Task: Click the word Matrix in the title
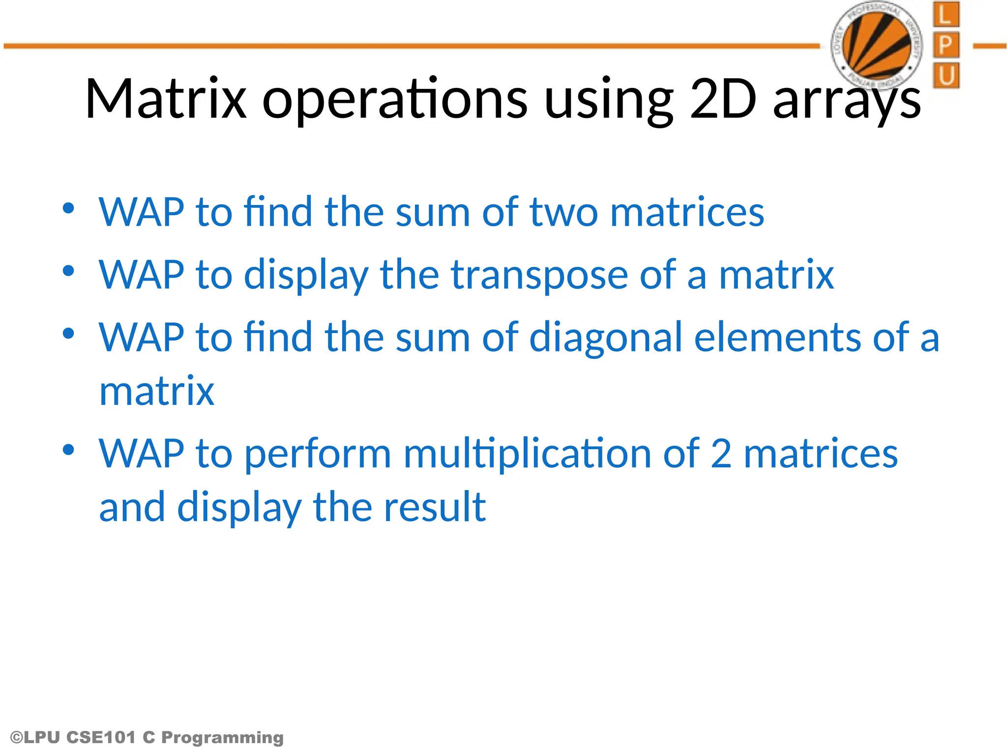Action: click(166, 99)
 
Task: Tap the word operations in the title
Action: click(395, 99)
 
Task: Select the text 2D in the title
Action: click(723, 99)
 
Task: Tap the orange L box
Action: click(946, 15)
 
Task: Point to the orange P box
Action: click(946, 45)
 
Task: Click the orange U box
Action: click(946, 76)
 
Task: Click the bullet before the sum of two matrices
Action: click(68, 208)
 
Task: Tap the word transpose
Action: click(539, 275)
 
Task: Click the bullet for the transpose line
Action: click(68, 271)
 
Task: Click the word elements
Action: click(777, 338)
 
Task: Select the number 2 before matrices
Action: click(721, 454)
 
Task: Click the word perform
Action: click(318, 454)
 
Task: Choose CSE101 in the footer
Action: click(100, 737)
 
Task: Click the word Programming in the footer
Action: click(222, 737)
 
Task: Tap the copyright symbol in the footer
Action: click(16, 737)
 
